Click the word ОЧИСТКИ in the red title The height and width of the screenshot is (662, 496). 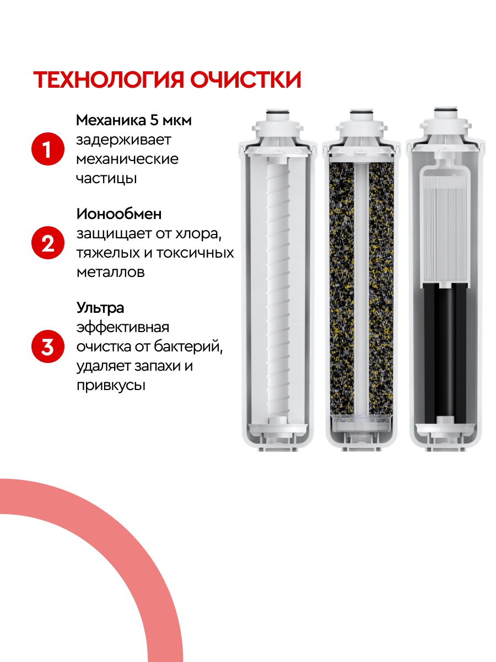tap(246, 79)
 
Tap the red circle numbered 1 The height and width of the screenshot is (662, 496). tap(48, 149)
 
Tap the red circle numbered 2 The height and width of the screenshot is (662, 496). tap(48, 243)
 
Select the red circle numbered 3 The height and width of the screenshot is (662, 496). tap(48, 346)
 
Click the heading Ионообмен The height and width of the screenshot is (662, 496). tap(119, 214)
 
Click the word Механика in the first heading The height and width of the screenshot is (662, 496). tap(111, 120)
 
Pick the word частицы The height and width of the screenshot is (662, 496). tap(106, 179)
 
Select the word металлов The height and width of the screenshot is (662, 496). tap(111, 272)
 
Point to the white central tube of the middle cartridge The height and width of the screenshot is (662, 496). tap(362, 289)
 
